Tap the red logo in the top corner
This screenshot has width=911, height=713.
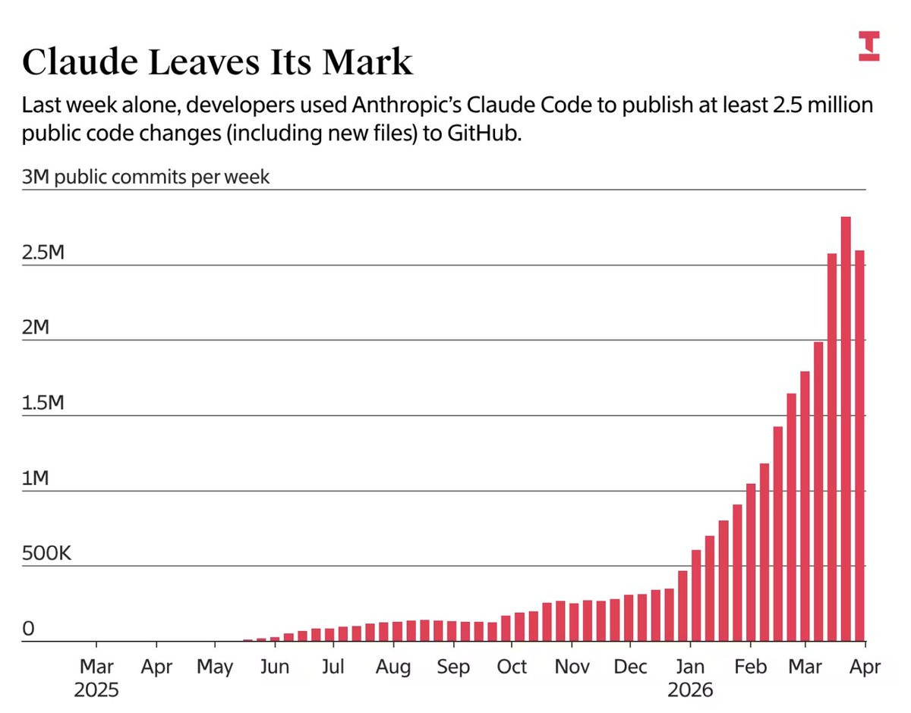pos(869,46)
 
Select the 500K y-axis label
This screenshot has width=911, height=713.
pos(47,554)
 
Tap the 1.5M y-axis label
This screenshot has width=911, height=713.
pos(44,403)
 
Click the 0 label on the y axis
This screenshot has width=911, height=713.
pos(29,629)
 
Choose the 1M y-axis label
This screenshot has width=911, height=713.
pos(35,479)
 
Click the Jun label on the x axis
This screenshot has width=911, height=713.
pos(274,667)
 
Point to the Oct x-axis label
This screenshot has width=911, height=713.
pos(512,667)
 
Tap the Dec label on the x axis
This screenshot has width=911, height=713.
pos(630,667)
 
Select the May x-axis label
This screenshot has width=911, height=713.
pos(215,667)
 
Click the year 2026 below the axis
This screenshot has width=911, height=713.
pos(690,690)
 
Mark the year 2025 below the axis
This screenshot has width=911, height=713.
pos(96,690)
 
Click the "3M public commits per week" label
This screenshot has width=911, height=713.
pos(146,177)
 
